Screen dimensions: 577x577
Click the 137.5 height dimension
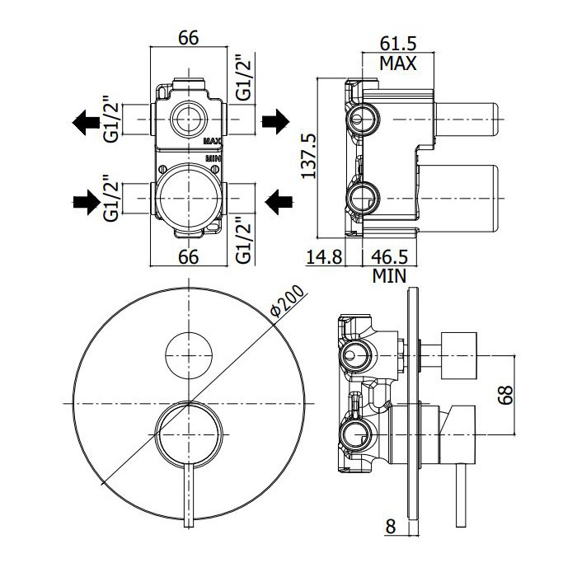308,156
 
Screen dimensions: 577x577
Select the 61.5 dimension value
398,44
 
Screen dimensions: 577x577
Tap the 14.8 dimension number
324,256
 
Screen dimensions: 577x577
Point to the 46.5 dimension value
389,256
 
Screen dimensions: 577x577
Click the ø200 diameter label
288,301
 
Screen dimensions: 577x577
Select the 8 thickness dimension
390,527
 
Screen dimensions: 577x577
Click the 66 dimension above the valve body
189,38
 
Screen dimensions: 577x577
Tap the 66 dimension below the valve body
189,256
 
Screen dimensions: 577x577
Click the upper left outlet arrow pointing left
86,122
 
